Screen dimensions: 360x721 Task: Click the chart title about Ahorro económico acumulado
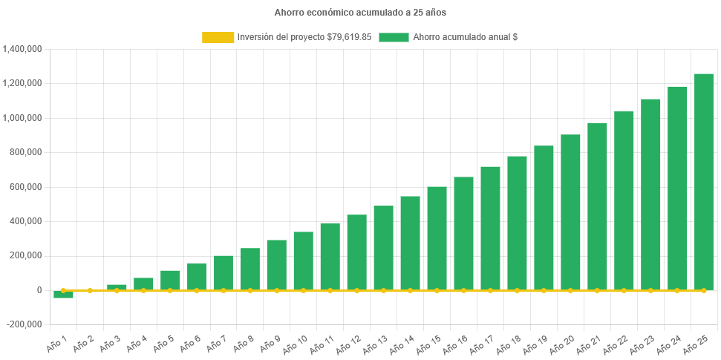pyautogui.click(x=360, y=13)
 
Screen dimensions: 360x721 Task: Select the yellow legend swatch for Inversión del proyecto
pyautogui.click(x=217, y=37)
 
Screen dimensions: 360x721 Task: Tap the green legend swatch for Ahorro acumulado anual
pyautogui.click(x=394, y=37)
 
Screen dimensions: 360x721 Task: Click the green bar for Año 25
pyautogui.click(x=703, y=182)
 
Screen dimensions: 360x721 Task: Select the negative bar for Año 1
pyautogui.click(x=63, y=295)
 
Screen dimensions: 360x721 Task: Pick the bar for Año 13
pyautogui.click(x=383, y=248)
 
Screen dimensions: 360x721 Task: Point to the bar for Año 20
pyautogui.click(x=570, y=212)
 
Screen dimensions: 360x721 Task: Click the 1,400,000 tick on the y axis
pyautogui.click(x=22, y=49)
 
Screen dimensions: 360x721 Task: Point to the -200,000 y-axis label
pyautogui.click(x=23, y=324)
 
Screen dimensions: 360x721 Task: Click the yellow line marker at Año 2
pyautogui.click(x=90, y=290)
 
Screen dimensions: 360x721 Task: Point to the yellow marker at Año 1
pyautogui.click(x=63, y=290)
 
